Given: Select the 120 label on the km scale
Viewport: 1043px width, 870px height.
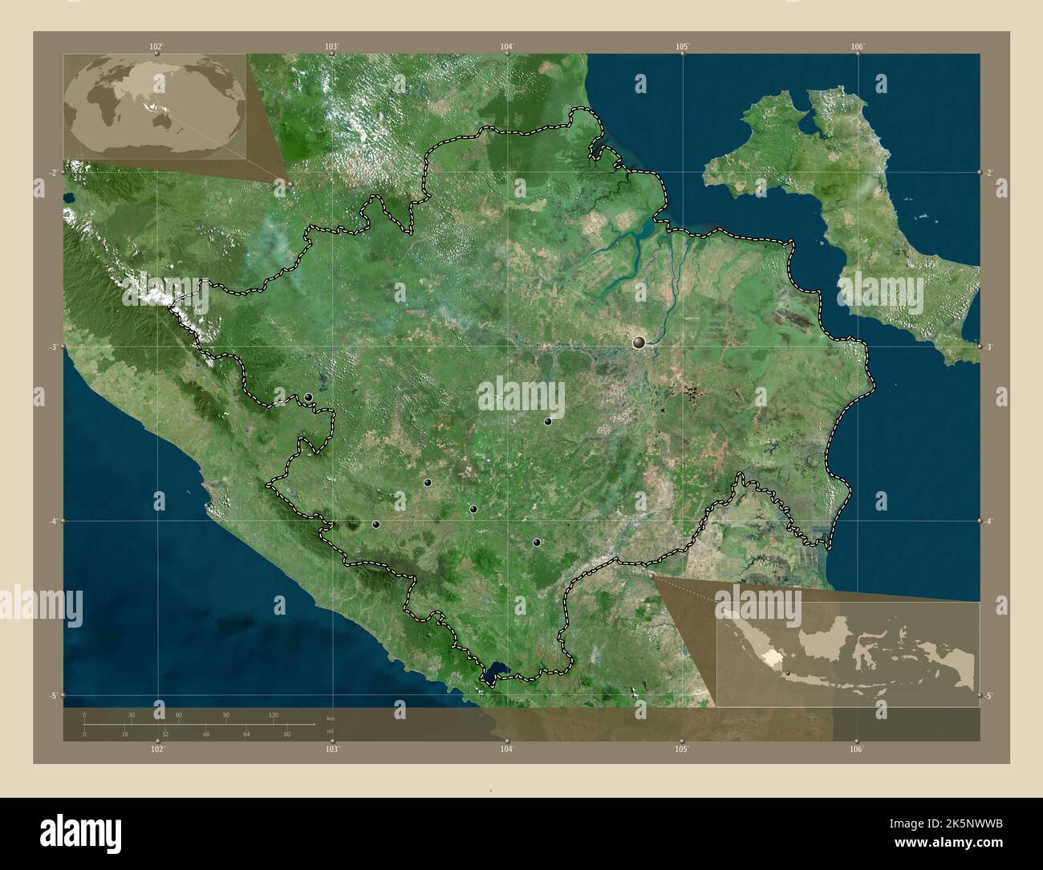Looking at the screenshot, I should point(273,714).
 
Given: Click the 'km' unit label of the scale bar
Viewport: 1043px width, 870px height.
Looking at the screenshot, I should point(331,717).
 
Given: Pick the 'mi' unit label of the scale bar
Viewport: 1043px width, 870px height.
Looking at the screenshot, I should point(330,731).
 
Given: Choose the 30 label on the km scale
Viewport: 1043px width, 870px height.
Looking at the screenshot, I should point(132,714).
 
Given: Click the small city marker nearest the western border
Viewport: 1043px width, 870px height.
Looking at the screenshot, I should point(308,397).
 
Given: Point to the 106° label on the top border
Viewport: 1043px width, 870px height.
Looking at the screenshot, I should point(857,46).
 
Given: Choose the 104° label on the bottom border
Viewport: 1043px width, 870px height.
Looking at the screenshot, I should point(506,749).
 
